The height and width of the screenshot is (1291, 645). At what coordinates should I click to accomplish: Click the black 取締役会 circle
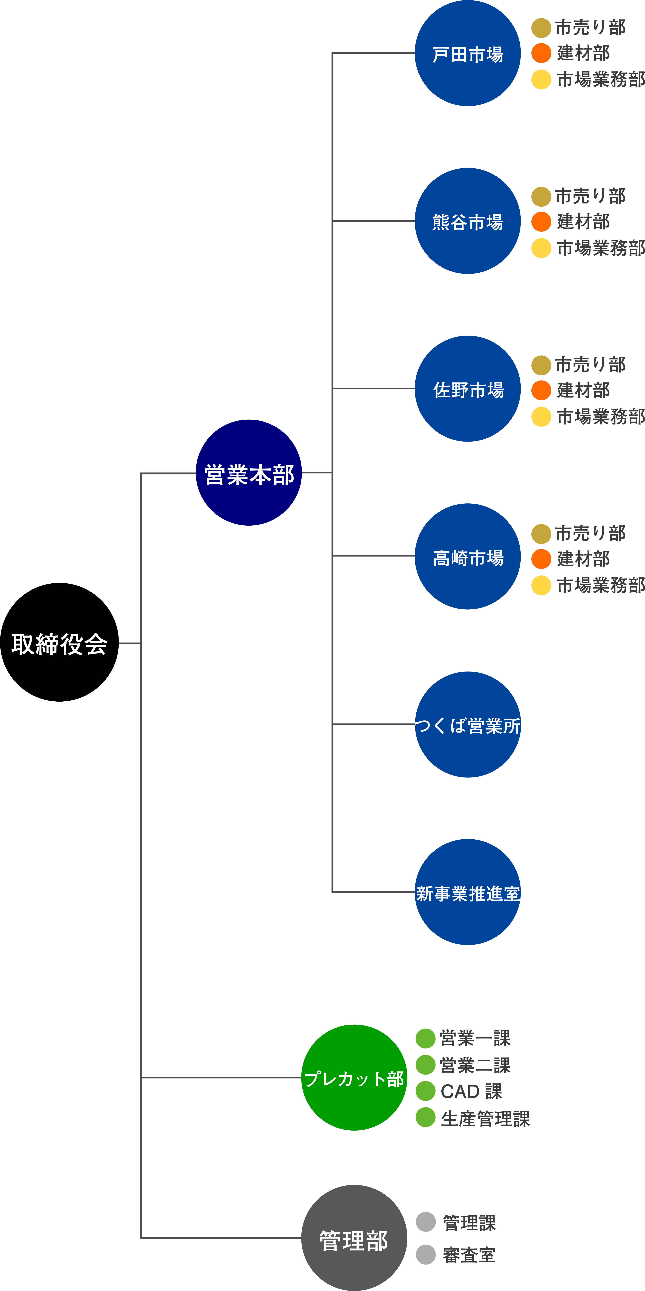pos(59,642)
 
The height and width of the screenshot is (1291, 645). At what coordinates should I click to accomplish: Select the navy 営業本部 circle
pos(249,473)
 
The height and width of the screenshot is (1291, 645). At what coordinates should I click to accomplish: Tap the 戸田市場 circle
pos(468,53)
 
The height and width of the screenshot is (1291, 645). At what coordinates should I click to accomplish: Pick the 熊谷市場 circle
pos(468,221)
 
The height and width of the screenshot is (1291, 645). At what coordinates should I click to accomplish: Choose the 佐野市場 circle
pos(468,389)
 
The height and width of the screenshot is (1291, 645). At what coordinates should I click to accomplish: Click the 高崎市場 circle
pos(468,556)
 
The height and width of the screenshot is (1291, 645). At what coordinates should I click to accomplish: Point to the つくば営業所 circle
pos(468,725)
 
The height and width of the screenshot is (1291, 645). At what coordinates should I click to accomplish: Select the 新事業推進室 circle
pos(468,892)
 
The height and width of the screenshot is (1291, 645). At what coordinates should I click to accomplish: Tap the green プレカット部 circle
pos(354,1077)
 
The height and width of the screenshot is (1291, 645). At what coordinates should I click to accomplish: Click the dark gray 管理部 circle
pos(354,1238)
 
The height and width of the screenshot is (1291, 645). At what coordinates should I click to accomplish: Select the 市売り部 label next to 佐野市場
pos(590,365)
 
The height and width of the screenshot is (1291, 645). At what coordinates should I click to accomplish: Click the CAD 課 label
pos(471,1091)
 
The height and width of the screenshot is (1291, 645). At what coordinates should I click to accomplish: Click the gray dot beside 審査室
pos(425,1254)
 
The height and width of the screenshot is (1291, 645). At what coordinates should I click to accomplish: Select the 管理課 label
pos(469,1222)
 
